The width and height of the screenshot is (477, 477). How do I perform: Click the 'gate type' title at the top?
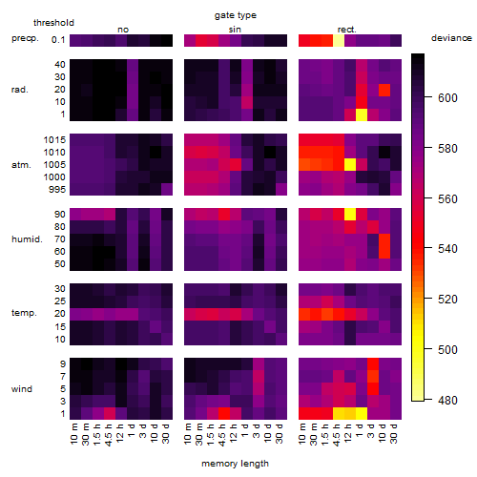tap(236, 15)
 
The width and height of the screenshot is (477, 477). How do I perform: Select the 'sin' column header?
tap(235, 30)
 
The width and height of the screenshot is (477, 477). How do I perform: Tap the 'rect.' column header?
tap(347, 30)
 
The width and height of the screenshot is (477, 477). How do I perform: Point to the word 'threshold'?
tap(53, 23)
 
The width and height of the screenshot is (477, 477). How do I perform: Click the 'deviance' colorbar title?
tap(451, 38)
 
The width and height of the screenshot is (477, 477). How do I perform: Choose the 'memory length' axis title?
tap(235, 464)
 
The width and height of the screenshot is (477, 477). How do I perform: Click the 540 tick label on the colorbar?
tap(447, 248)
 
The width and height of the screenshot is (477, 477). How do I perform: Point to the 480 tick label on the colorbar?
tap(447, 400)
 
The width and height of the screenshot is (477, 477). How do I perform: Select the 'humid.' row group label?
tap(27, 239)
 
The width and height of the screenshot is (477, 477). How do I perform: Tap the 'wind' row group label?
tap(22, 389)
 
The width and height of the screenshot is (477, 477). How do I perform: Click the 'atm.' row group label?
tap(21, 165)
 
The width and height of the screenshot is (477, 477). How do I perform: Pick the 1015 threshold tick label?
tap(54, 139)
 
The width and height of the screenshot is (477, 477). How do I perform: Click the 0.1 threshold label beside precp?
tap(58, 40)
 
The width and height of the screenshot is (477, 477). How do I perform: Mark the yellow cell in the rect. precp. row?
tap(339, 40)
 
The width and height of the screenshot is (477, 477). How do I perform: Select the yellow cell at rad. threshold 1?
tap(362, 114)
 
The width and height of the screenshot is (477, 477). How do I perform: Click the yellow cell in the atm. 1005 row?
tap(350, 165)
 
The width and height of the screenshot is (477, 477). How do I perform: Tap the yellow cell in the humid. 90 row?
tap(350, 214)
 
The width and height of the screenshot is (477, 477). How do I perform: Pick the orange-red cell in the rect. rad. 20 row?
tap(384, 90)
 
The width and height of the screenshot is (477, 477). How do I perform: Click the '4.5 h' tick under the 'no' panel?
tap(108, 434)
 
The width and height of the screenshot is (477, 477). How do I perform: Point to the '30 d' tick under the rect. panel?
tap(394, 433)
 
